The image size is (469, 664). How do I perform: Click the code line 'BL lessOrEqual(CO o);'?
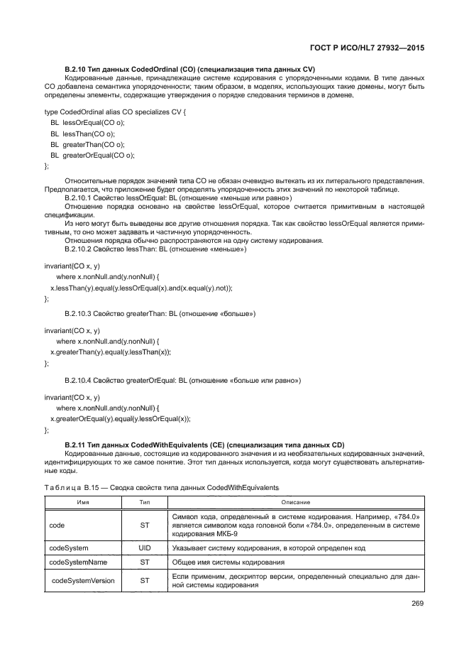(87, 123)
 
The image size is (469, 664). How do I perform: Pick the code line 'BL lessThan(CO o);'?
(82, 134)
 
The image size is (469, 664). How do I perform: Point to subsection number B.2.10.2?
(80, 250)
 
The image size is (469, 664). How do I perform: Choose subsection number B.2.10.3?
(80, 313)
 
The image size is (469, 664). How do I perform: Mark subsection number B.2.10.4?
(80, 381)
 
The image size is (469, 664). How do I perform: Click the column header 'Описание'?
(296, 502)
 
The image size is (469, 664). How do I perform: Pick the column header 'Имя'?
(82, 502)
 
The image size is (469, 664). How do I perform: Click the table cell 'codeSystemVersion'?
(82, 581)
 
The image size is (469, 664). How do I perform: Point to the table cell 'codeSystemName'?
(78, 562)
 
